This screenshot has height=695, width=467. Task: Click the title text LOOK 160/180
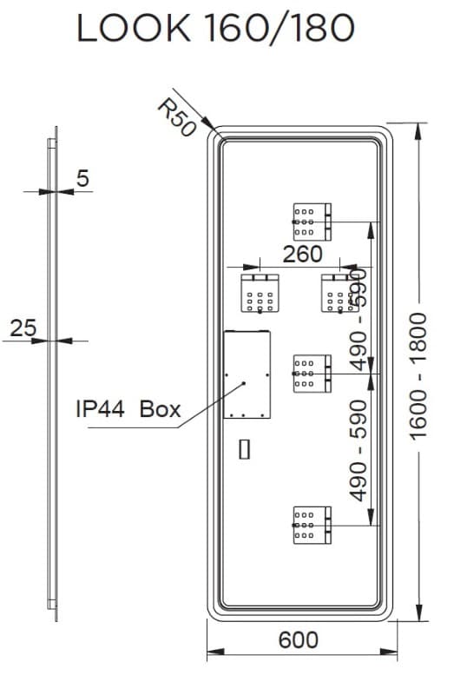coord(216,29)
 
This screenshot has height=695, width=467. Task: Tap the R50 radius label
coord(177,117)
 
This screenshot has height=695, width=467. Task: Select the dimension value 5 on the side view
coord(82,178)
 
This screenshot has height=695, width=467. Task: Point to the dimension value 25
coord(23,328)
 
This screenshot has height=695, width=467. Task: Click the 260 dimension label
coord(303,255)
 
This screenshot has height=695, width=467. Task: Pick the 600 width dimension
coord(299,639)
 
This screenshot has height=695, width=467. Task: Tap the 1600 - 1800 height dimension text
coord(418,376)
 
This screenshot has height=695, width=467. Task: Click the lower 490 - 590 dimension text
coord(358,450)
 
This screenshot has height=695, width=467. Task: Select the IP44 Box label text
coord(128,408)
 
